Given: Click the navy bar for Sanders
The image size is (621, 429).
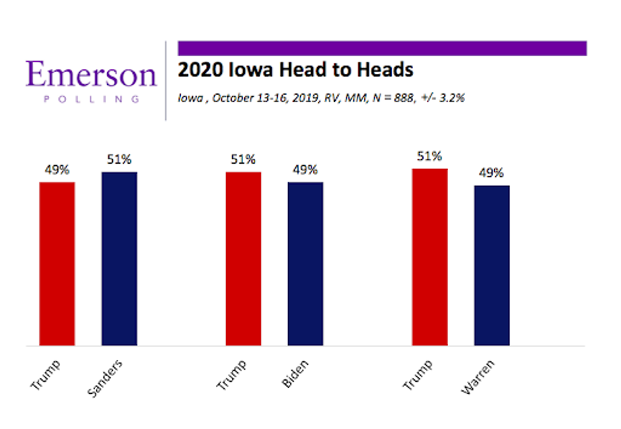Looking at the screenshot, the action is coord(119,258).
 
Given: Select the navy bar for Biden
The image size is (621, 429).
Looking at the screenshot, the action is coord(305,264).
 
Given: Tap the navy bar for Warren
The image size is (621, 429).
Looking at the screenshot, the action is coord(492,265).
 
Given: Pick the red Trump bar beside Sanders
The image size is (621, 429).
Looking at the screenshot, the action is coord(57,264).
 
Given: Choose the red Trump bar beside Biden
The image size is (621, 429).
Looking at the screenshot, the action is coord(243,258).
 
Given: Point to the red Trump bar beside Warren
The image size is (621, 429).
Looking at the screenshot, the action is coord(430,257).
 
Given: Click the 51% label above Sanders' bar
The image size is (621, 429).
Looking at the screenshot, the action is coord(119,159).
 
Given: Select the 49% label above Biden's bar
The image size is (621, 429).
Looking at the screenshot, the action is coord(305,170).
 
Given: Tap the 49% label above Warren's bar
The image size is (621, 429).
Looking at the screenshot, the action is coord(492,173).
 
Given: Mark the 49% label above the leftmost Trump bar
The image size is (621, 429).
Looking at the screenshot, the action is coord(57,170).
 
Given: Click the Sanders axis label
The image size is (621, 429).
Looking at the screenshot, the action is coord(105,378).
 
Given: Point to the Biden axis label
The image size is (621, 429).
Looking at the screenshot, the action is coord(295,374).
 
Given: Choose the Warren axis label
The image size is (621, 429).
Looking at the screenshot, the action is coord(478,377).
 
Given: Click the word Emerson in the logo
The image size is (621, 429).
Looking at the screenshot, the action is coord(92,74).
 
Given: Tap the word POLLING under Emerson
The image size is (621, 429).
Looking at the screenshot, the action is coord(92,99).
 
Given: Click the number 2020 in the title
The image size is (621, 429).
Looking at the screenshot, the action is coord(200,69).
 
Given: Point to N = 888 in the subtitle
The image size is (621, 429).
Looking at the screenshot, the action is coord(394,98).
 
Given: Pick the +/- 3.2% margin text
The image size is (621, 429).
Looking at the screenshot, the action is coord(443,98).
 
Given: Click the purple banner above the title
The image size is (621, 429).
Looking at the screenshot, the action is coord(382,49).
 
